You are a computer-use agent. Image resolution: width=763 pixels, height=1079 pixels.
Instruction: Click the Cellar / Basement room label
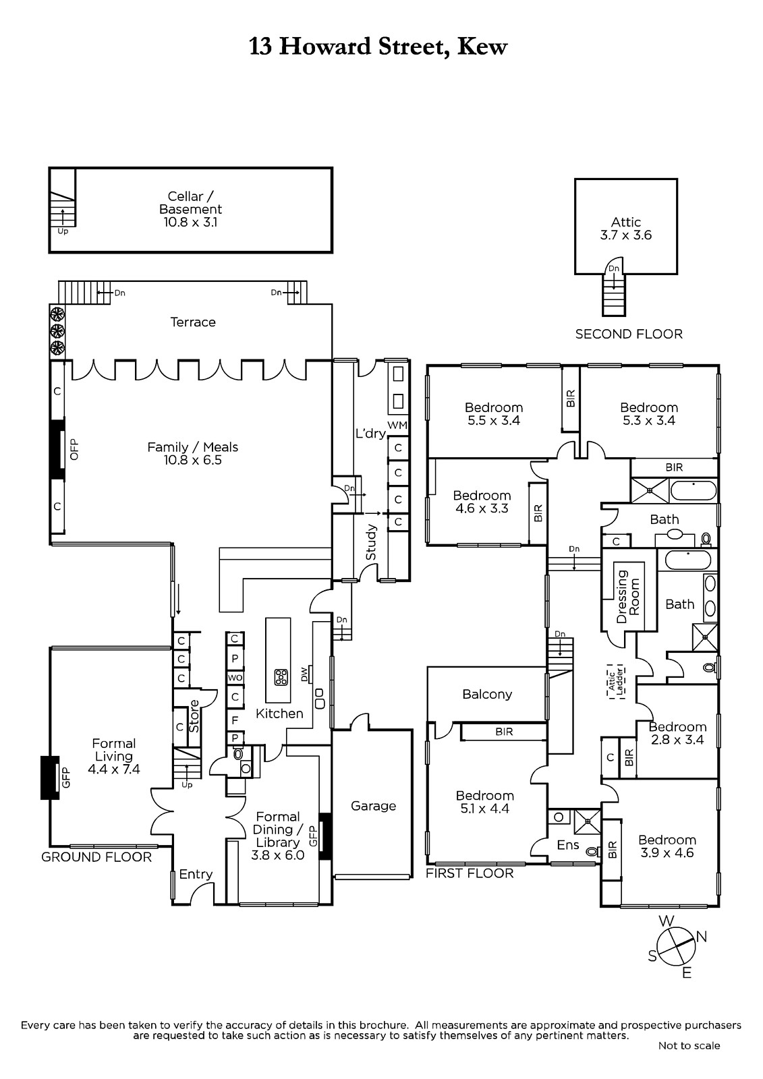[x=191, y=209]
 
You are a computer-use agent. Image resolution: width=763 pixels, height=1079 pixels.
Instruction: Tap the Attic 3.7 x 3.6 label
[x=625, y=229]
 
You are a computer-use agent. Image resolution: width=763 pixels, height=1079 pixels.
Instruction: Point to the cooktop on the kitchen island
[x=281, y=676]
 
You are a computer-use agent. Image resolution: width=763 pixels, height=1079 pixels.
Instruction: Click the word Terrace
[x=193, y=322]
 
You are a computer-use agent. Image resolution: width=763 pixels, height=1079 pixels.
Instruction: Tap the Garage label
[x=373, y=806]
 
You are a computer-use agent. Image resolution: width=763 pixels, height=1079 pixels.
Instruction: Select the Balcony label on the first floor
[x=487, y=694]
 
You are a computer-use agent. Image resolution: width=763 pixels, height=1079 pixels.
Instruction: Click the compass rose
[x=675, y=947]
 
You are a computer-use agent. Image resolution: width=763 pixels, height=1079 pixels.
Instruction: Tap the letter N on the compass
[x=702, y=936]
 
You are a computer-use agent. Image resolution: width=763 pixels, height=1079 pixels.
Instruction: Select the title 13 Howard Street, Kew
[x=378, y=47]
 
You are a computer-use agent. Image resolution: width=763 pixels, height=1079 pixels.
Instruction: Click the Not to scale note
[x=689, y=1046]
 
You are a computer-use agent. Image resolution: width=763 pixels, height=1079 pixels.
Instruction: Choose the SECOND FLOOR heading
[x=629, y=334]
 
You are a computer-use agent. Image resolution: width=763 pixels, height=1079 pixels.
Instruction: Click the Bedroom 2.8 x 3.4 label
[x=677, y=733]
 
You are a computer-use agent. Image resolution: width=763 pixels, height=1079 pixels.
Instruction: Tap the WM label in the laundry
[x=397, y=426]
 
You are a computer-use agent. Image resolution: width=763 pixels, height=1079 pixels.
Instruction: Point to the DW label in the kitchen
[x=304, y=673]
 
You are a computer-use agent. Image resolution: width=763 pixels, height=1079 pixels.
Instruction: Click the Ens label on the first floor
[x=568, y=845]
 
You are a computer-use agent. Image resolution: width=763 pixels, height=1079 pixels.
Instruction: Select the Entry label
[x=196, y=874]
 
